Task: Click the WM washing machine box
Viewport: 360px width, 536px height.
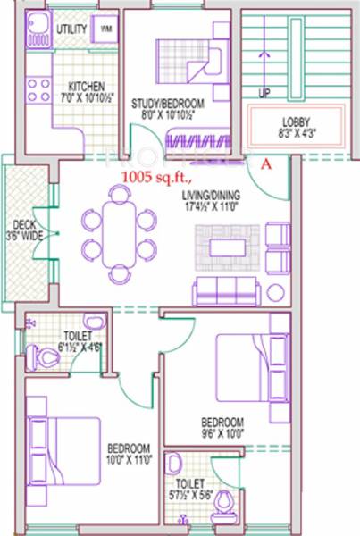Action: coord(105,29)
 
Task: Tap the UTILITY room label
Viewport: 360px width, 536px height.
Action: coord(71,29)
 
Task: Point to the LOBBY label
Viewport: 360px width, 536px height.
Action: coord(295,122)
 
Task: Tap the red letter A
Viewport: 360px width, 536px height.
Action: coord(265,163)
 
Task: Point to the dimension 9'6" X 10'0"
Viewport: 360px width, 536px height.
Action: coord(222,432)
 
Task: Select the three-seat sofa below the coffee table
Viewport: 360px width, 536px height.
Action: coord(225,289)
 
